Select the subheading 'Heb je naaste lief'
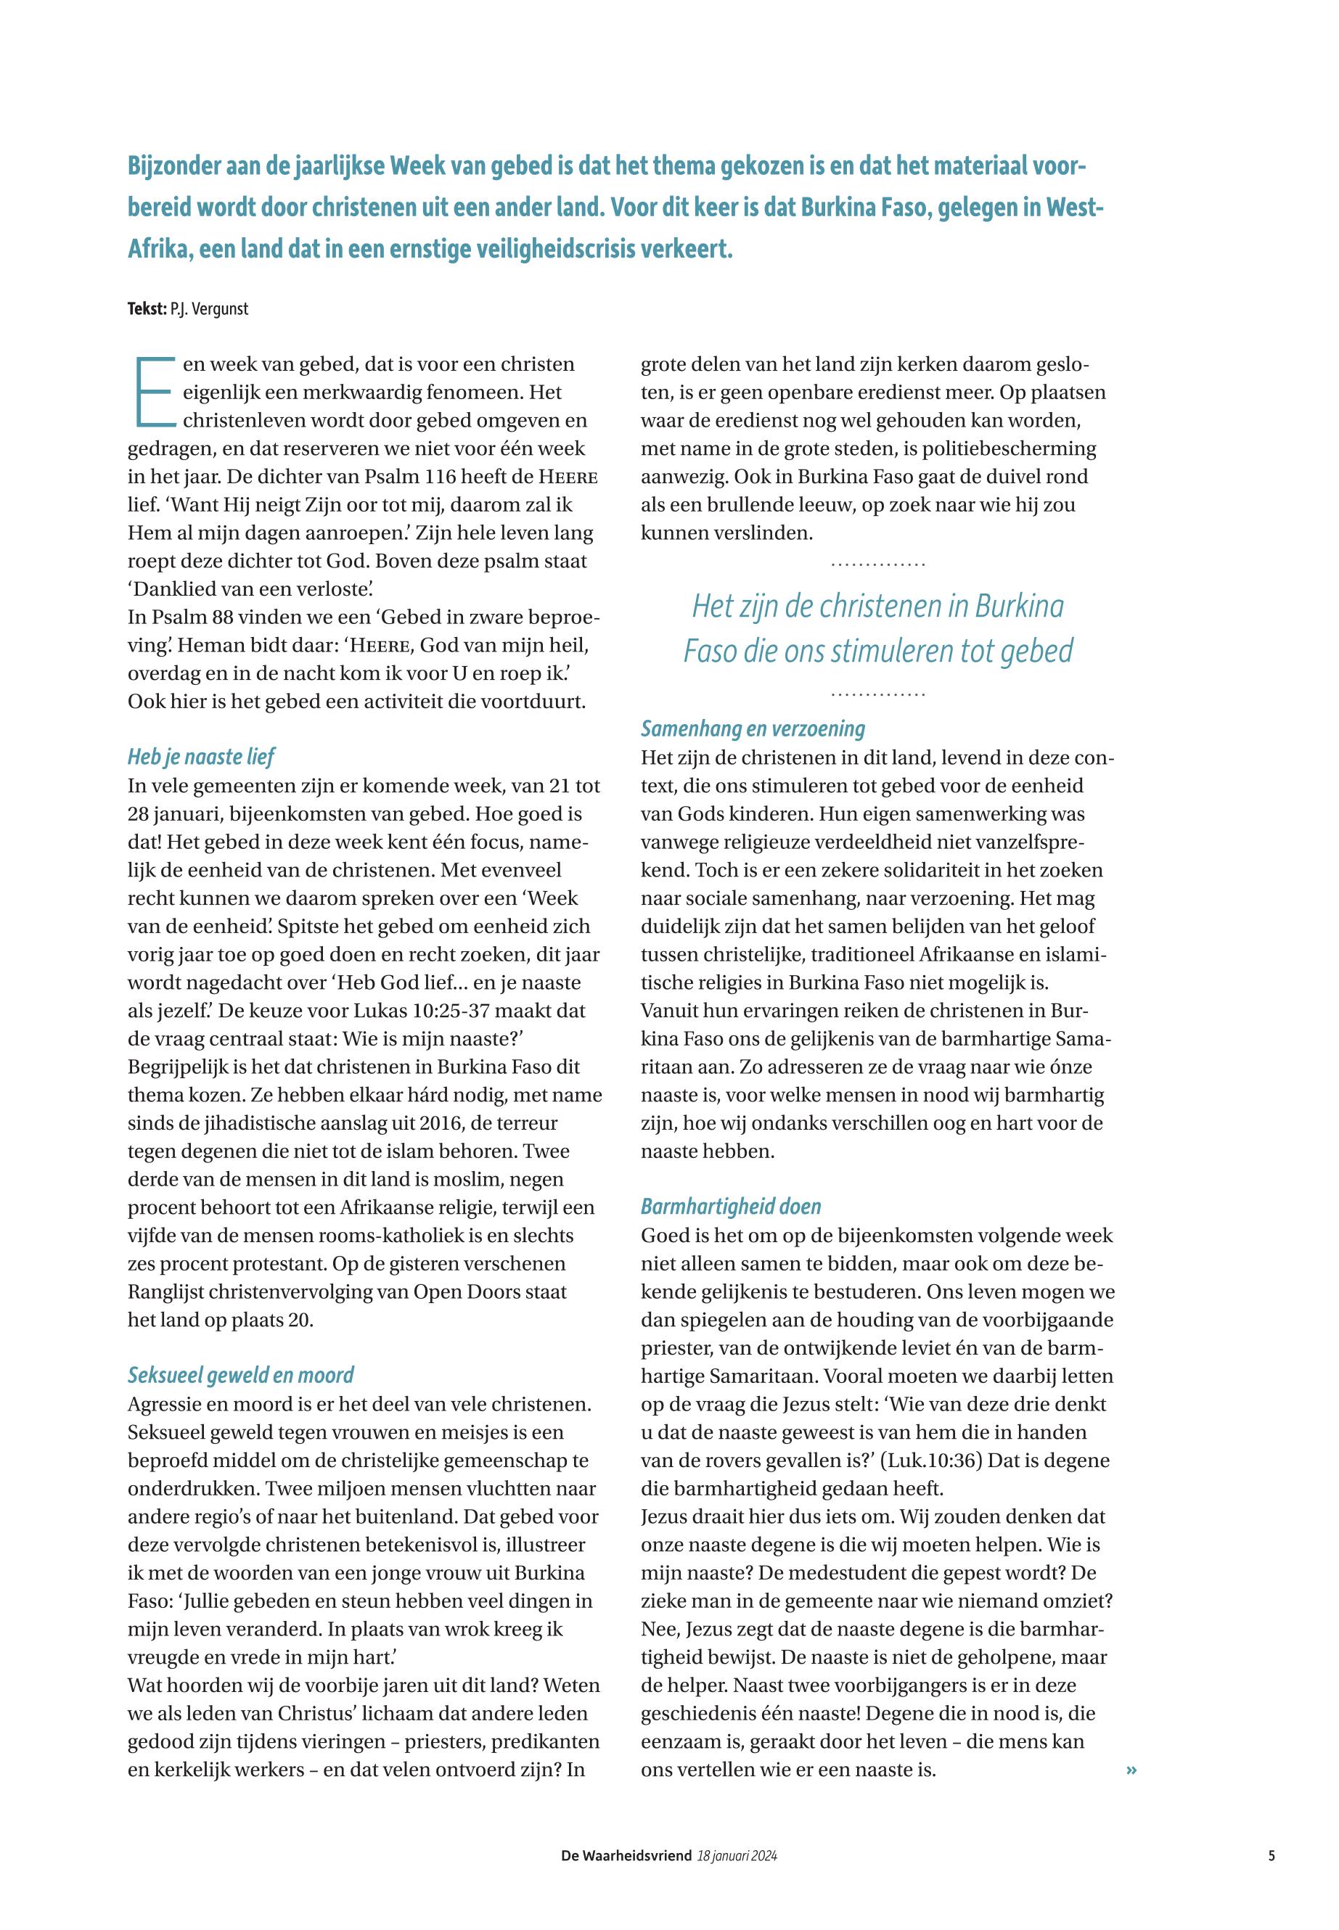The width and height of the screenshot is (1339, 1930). [x=200, y=757]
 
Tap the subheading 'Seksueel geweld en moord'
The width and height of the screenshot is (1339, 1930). [x=240, y=1375]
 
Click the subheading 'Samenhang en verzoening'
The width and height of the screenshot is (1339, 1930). [x=753, y=729]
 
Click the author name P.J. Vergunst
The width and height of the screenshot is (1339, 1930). [x=210, y=308]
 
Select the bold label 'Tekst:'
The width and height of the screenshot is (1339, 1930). [x=147, y=308]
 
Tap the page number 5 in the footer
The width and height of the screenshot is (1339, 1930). [x=1272, y=1856]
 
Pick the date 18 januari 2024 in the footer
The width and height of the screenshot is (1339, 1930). [x=737, y=1856]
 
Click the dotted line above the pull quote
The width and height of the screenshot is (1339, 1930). [x=877, y=564]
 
